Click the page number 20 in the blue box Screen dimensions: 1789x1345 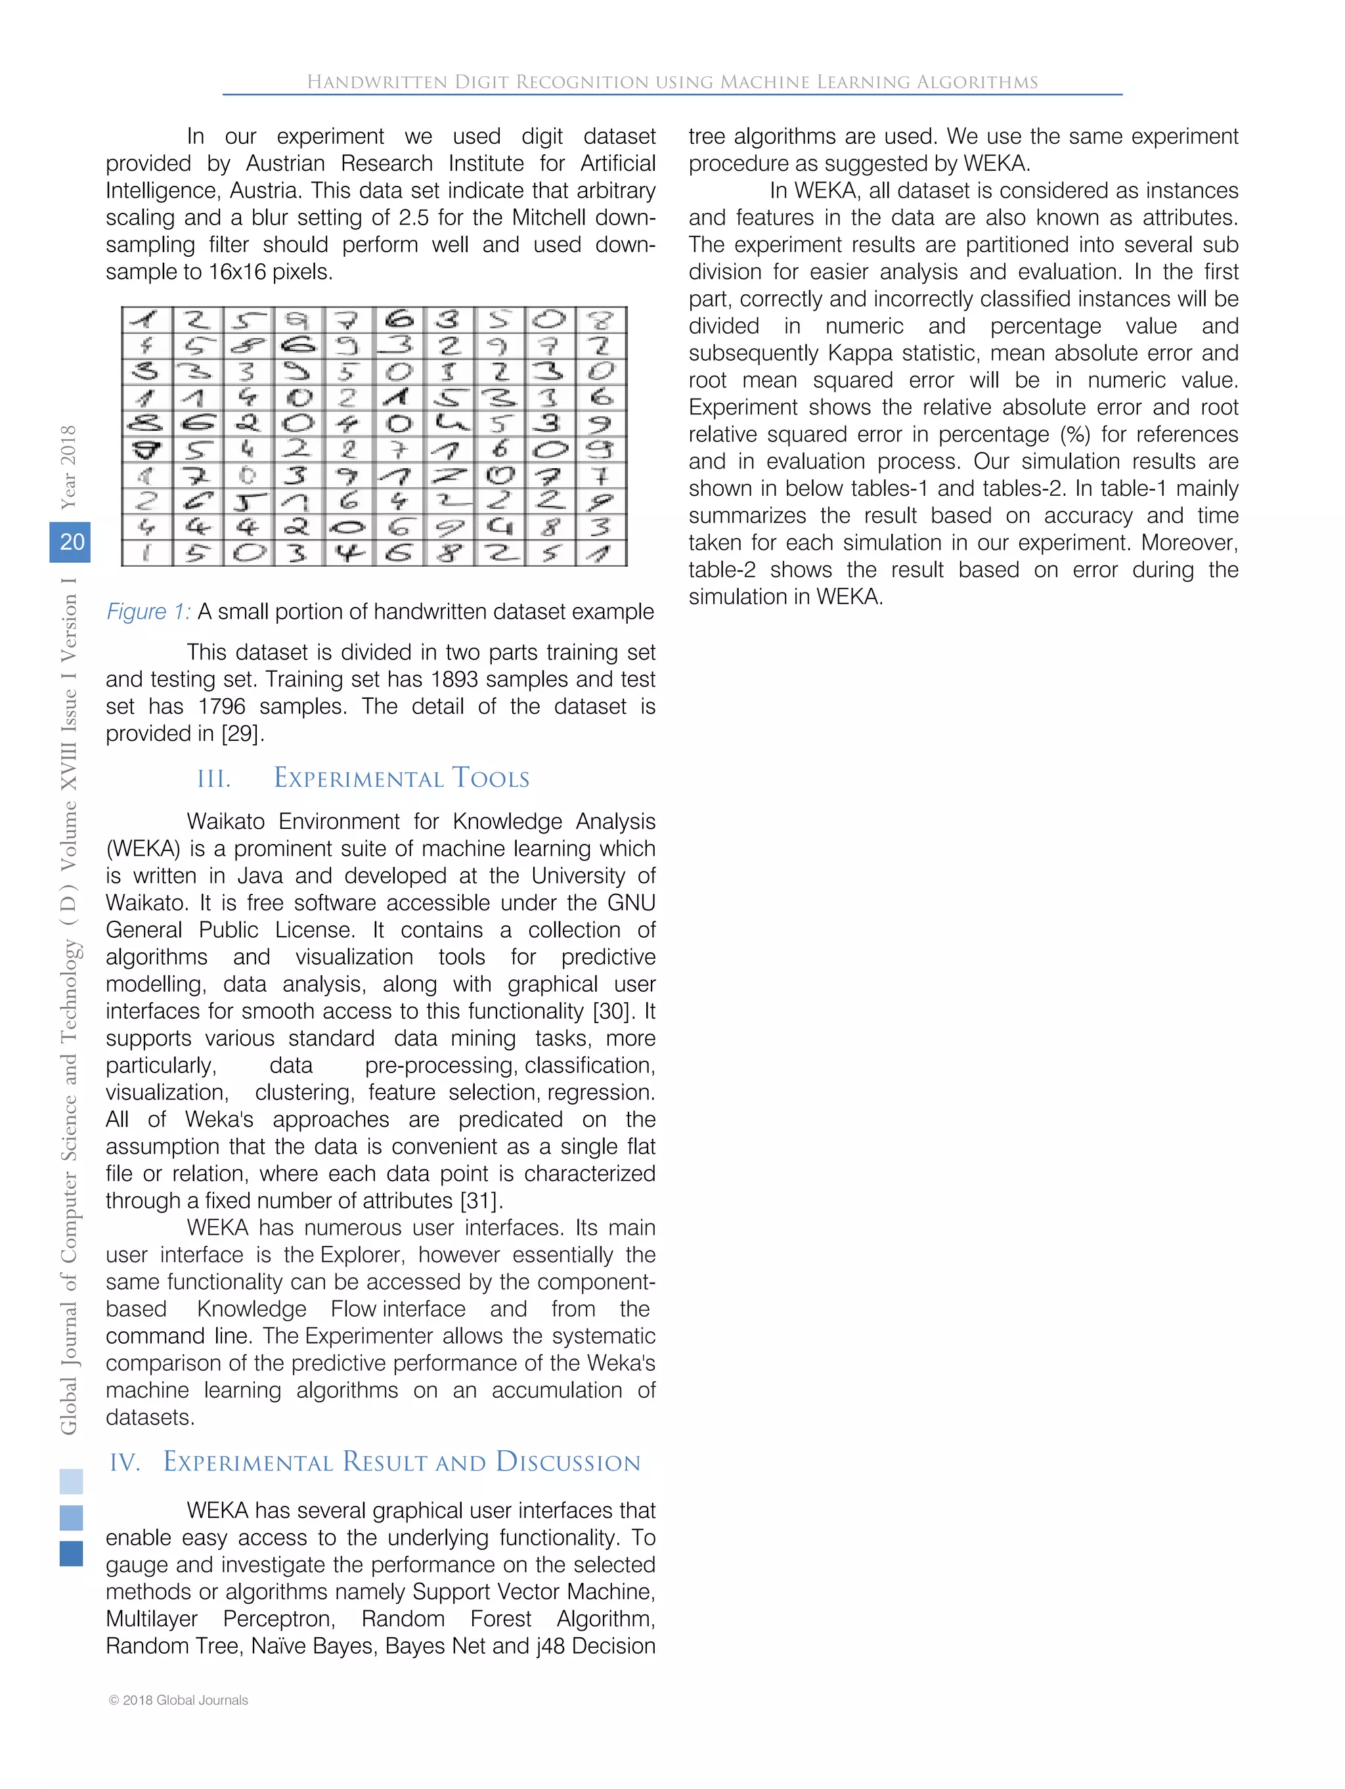point(71,541)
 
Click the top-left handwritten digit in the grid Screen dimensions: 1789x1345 point(146,320)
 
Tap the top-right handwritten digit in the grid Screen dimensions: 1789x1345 point(600,320)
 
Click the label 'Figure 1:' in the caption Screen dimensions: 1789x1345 point(148,611)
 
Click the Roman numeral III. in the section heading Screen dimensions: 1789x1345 point(213,779)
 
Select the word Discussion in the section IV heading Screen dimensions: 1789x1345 point(568,1461)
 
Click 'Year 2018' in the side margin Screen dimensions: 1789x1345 point(69,467)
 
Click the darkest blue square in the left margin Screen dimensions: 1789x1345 point(71,1554)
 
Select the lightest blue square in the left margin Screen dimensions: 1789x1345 point(71,1481)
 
